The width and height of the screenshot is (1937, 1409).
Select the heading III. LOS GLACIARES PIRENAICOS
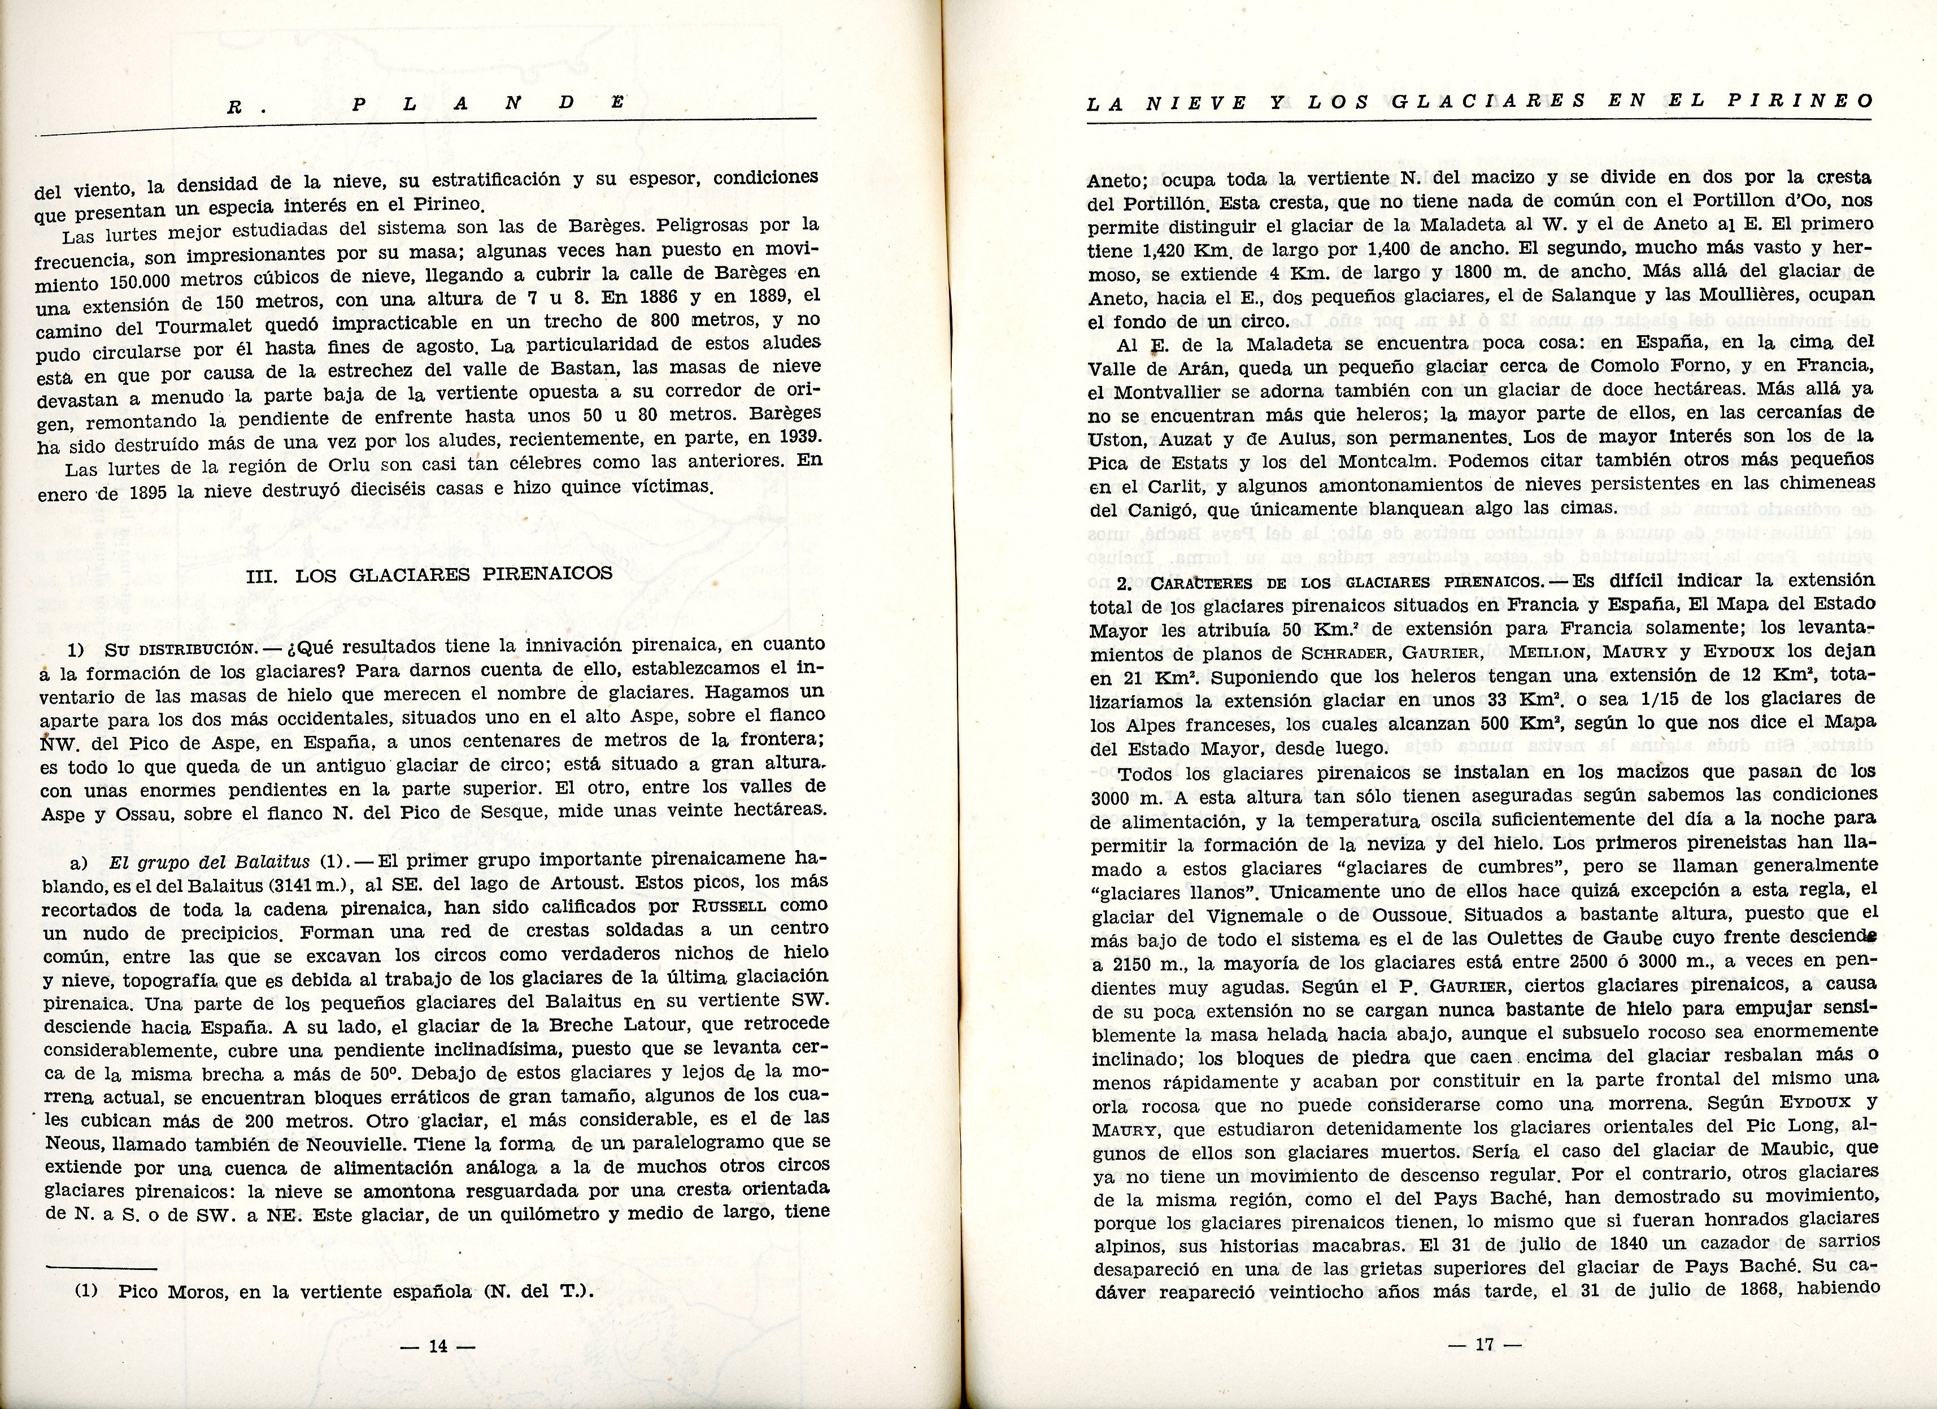pyautogui.click(x=429, y=574)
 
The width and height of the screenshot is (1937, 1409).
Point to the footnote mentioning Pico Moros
pyautogui.click(x=334, y=1291)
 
